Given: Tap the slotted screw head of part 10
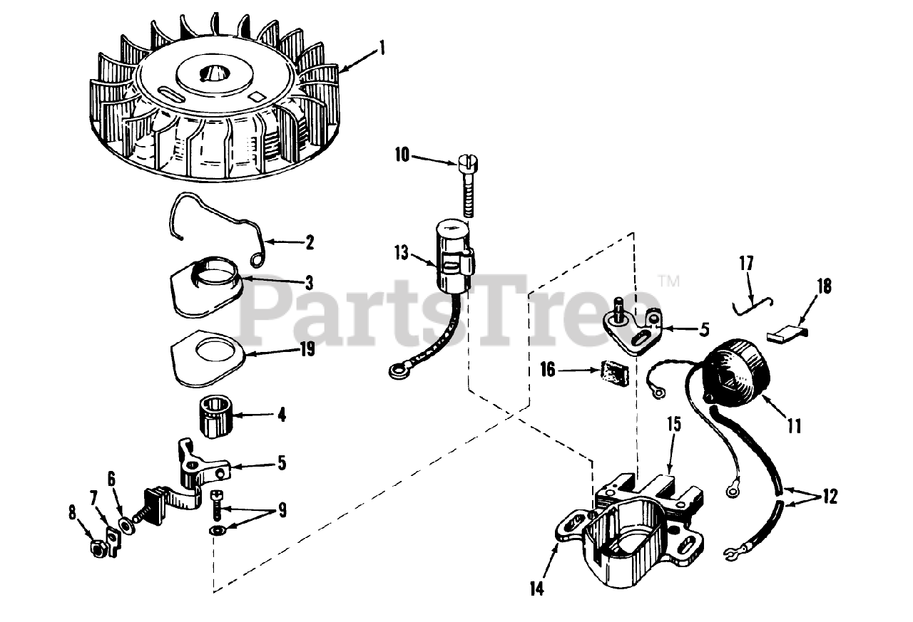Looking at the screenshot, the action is tap(469, 164).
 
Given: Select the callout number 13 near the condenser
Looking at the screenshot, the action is tap(402, 253).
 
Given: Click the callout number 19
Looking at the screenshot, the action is tap(307, 349).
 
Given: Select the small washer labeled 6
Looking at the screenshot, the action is tap(126, 527).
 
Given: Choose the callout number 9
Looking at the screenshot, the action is tap(281, 509).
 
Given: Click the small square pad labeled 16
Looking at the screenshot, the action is tap(615, 375).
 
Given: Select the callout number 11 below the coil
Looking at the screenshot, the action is tap(794, 426).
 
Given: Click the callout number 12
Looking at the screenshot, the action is tap(830, 496).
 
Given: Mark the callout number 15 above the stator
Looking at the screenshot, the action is tap(674, 424).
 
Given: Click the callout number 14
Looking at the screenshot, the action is tap(537, 589).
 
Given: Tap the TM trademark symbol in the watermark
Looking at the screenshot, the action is tap(669, 281).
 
